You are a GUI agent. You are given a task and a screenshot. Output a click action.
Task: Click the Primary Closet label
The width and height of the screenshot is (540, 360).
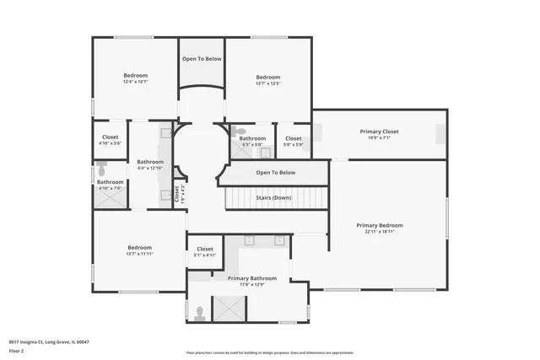pos(379,132)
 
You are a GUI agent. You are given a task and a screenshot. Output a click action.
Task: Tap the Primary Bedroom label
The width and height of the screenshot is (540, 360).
pos(379,225)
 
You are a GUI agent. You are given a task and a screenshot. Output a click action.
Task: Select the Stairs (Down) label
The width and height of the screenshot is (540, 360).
pos(276,198)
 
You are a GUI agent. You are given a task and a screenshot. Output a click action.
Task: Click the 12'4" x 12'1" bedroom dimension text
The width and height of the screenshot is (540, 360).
pos(135,82)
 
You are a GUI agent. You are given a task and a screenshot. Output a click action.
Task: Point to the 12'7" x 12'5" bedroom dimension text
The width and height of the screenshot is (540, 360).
pos(267,83)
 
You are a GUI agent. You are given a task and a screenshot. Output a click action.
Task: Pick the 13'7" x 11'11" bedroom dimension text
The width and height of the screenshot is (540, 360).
pos(139,254)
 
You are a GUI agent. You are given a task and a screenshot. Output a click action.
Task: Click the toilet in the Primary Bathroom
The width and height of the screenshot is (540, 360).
pos(200,313)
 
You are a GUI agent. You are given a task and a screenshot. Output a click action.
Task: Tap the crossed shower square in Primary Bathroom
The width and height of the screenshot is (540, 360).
pos(228,309)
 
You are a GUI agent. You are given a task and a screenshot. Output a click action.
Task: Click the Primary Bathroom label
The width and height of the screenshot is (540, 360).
pos(252,277)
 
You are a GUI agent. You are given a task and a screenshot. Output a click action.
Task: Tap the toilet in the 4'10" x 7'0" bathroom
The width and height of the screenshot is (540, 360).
pos(100,169)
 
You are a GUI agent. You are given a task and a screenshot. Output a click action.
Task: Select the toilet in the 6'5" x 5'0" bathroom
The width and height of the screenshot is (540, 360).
pos(240,132)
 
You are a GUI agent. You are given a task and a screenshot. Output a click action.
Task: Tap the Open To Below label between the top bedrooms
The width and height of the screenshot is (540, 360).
pos(202,59)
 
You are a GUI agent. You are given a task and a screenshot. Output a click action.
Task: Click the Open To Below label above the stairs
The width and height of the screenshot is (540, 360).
pos(276,173)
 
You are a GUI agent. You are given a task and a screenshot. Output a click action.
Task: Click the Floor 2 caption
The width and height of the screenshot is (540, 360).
pos(16,350)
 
